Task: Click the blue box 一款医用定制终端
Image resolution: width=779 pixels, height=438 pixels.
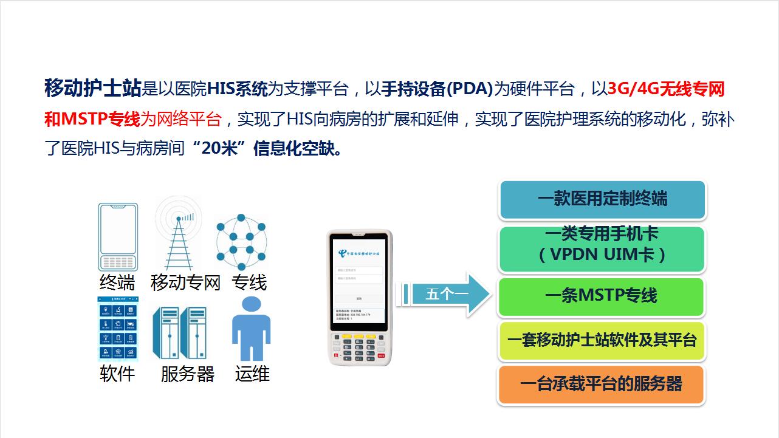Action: tap(602, 199)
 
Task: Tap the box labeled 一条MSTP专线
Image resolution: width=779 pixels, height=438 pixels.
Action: tap(602, 296)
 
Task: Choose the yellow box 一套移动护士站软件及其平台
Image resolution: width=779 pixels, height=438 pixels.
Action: tap(602, 340)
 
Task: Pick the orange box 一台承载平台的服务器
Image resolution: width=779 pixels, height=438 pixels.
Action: tap(602, 384)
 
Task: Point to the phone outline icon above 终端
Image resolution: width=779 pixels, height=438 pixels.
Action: tap(118, 237)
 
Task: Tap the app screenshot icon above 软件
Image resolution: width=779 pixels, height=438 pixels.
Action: tap(118, 329)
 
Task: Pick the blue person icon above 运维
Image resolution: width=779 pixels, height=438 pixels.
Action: tap(251, 329)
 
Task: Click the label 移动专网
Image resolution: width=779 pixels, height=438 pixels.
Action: tap(185, 282)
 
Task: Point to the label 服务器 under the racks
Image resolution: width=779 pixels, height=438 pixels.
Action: tap(187, 374)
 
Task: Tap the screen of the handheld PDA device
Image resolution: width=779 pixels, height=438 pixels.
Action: tap(360, 283)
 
